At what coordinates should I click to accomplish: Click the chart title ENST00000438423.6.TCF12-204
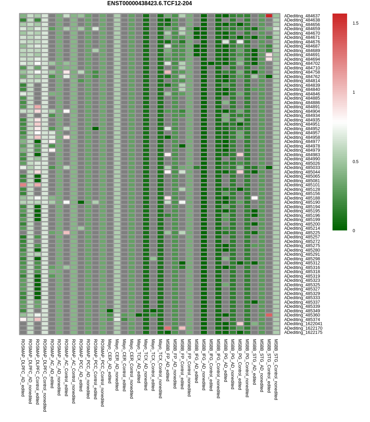(x=149, y=3)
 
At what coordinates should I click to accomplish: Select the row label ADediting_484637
(x=302, y=16)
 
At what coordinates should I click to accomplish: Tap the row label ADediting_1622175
(x=303, y=332)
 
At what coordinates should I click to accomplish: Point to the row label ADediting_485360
(x=302, y=315)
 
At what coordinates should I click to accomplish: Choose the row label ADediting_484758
(x=302, y=72)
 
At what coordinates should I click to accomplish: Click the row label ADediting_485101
(x=302, y=185)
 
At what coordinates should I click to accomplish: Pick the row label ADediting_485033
(x=302, y=168)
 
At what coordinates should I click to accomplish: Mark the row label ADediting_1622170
(x=303, y=328)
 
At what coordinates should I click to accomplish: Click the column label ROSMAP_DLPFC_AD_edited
(x=23, y=368)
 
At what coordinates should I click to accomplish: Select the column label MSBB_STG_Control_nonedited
(x=276, y=370)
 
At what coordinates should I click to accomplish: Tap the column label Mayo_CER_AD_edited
(x=110, y=361)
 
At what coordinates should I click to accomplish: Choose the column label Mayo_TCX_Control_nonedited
(x=160, y=369)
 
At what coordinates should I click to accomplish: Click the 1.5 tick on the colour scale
(x=355, y=23)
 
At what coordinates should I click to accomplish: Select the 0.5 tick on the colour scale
(x=355, y=162)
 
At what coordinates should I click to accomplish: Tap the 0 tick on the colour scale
(x=354, y=231)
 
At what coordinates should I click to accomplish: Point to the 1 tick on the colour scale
(x=354, y=92)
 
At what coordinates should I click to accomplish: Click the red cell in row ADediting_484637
(x=269, y=16)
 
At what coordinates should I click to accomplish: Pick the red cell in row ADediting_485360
(x=269, y=315)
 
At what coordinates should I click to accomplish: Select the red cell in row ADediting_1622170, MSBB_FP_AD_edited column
(x=168, y=328)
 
